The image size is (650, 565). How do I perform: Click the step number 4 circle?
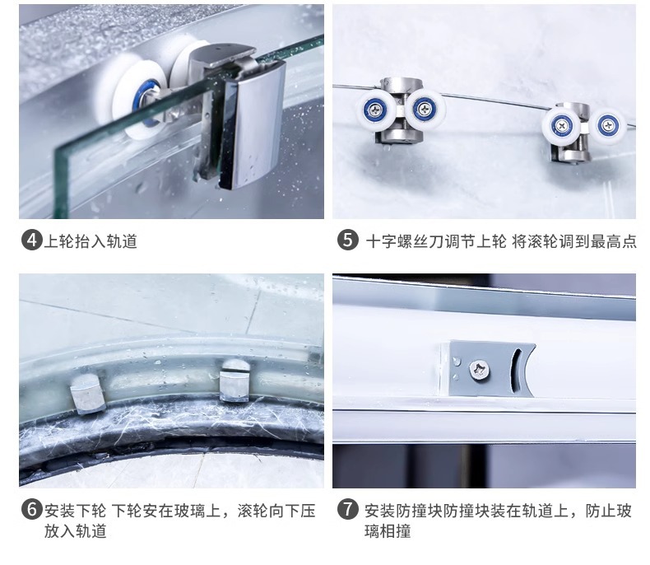click(32, 240)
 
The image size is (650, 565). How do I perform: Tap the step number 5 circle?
click(347, 240)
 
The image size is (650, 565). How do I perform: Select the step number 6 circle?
click(32, 510)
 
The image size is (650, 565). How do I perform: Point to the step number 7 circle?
click(347, 509)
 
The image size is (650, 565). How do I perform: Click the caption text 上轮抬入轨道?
click(91, 241)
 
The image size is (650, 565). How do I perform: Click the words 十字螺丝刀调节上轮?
click(436, 241)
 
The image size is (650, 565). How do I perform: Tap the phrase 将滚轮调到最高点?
click(574, 241)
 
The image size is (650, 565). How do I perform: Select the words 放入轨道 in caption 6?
click(76, 531)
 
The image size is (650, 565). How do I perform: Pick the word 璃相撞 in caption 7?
click(388, 531)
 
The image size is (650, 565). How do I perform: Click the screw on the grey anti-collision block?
click(479, 370)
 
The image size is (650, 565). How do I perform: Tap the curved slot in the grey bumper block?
click(516, 370)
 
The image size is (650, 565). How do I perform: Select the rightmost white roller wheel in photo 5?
click(608, 126)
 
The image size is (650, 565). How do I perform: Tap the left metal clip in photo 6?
click(87, 393)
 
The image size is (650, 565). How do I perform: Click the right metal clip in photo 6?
click(234, 381)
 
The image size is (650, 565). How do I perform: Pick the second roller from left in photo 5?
click(425, 109)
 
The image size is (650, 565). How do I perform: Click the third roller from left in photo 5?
click(562, 126)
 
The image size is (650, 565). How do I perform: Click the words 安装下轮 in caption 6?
click(75, 511)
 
